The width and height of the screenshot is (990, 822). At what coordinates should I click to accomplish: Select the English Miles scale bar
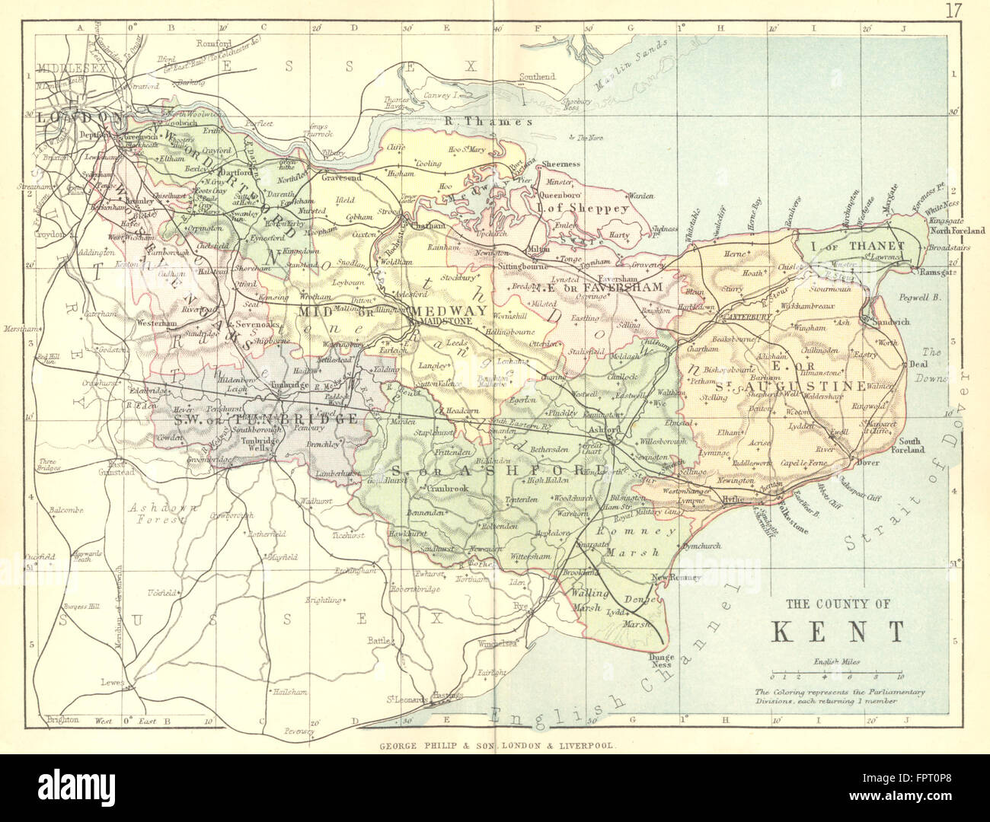pos(835,674)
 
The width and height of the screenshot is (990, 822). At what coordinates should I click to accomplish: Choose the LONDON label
pos(80,116)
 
